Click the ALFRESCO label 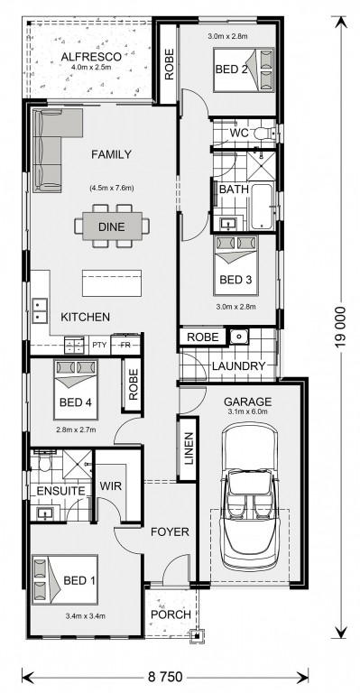91,57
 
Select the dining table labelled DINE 111,226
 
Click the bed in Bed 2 244,69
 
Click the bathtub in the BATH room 262,207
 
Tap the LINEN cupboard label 189,448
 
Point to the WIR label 110,485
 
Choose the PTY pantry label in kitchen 97,345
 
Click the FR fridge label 125,345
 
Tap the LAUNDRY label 238,366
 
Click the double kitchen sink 40,310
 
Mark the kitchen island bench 112,282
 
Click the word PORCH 171,614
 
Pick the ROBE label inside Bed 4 133,384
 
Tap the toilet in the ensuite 43,462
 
